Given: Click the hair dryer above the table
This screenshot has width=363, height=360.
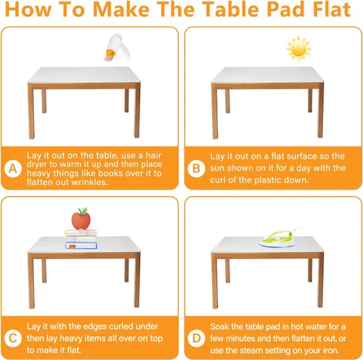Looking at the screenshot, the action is coord(117,47).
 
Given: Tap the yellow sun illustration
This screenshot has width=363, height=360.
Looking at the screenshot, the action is coord(298,49).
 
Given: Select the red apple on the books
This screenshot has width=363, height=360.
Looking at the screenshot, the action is coord(81,219).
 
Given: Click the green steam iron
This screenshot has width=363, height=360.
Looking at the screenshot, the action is coord(281,238).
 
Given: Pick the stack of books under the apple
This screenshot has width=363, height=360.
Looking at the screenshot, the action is coord(81,240).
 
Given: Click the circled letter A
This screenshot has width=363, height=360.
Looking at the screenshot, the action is coord(13,168).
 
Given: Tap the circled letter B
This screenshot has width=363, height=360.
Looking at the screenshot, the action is coord(196,168).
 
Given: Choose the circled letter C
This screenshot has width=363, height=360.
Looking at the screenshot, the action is coord(13,338).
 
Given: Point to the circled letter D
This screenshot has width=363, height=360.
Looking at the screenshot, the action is coord(196,338).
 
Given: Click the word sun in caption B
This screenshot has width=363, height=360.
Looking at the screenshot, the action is coord(217,168).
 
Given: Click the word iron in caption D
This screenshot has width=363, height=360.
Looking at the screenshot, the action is coord(330,351).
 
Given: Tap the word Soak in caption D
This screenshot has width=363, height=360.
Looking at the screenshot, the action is coord(220,327).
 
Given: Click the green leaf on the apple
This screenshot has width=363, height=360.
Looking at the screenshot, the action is coord(83,211).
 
